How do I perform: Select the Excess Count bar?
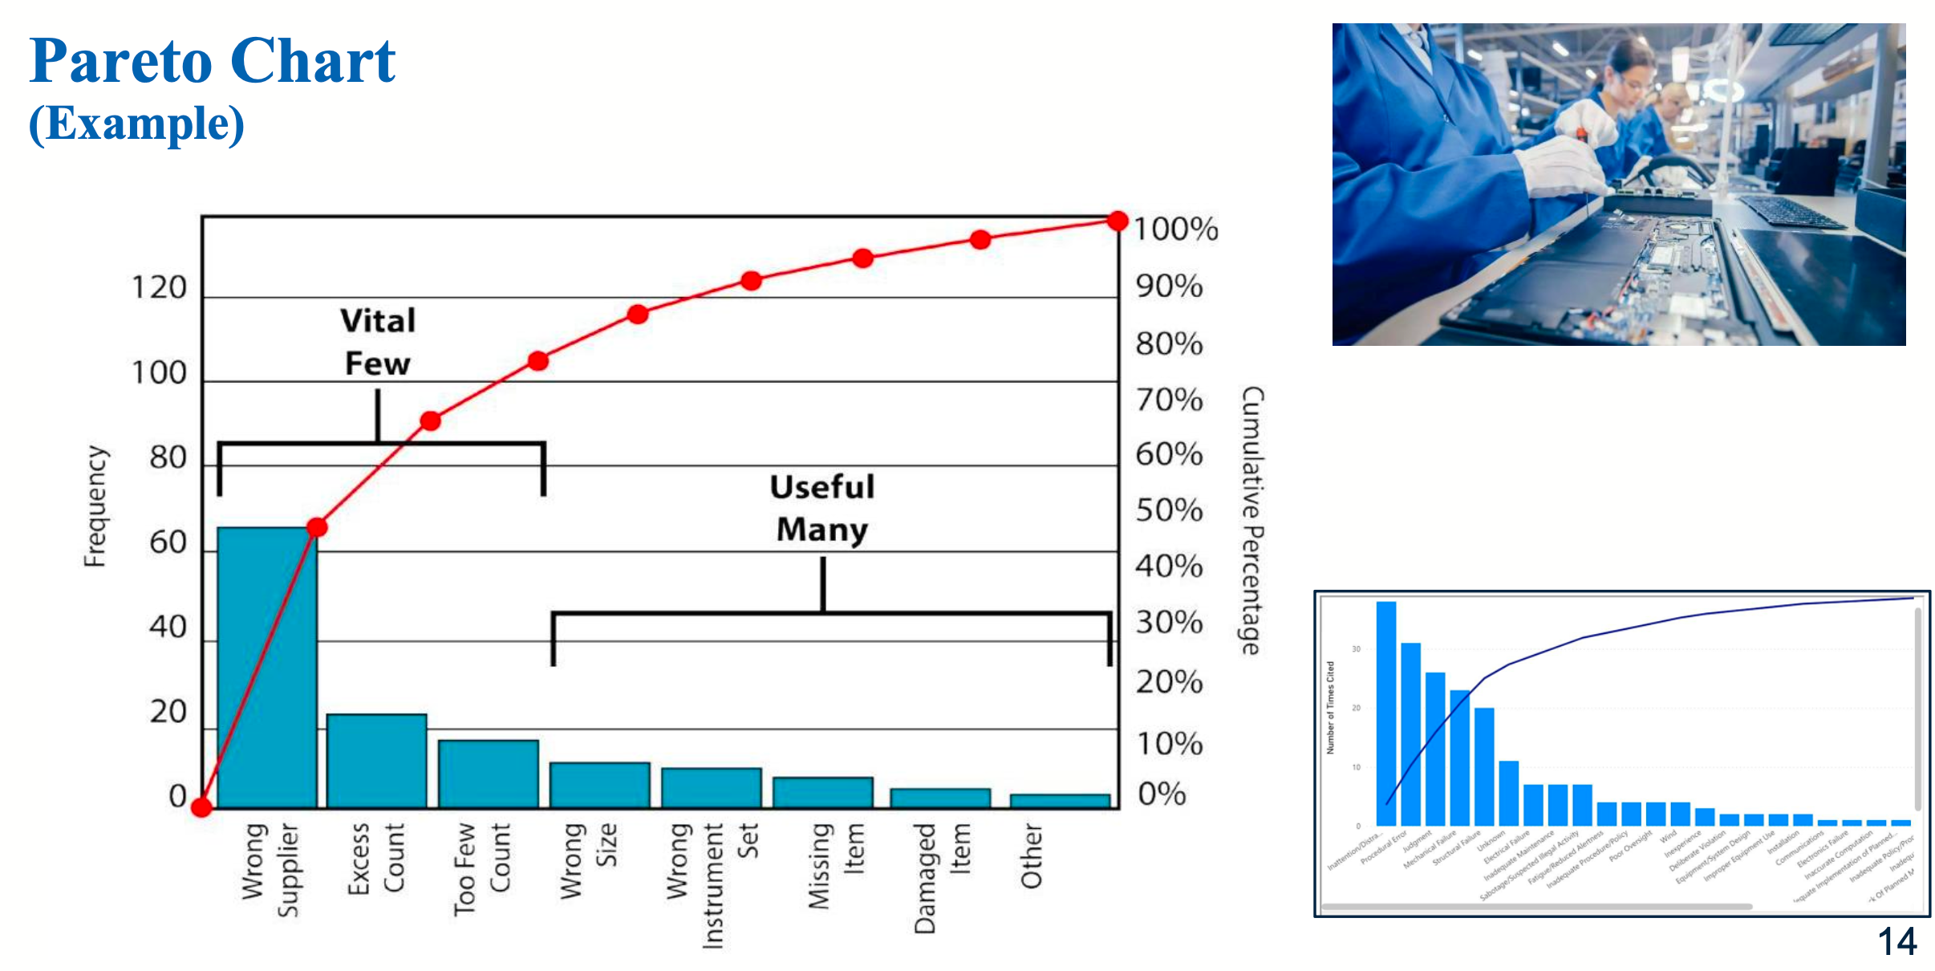376,761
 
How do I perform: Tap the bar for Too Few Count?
488,774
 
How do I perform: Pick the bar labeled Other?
1060,801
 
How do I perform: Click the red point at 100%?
1117,221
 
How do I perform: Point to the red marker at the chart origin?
201,807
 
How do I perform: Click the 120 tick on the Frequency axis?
159,288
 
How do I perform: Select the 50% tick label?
1169,510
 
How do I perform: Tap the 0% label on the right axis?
1162,794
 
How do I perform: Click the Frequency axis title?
95,506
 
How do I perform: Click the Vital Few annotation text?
378,342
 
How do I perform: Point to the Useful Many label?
822,508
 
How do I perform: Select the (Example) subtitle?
136,124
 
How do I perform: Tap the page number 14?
1897,941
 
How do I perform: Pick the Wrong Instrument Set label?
712,883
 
